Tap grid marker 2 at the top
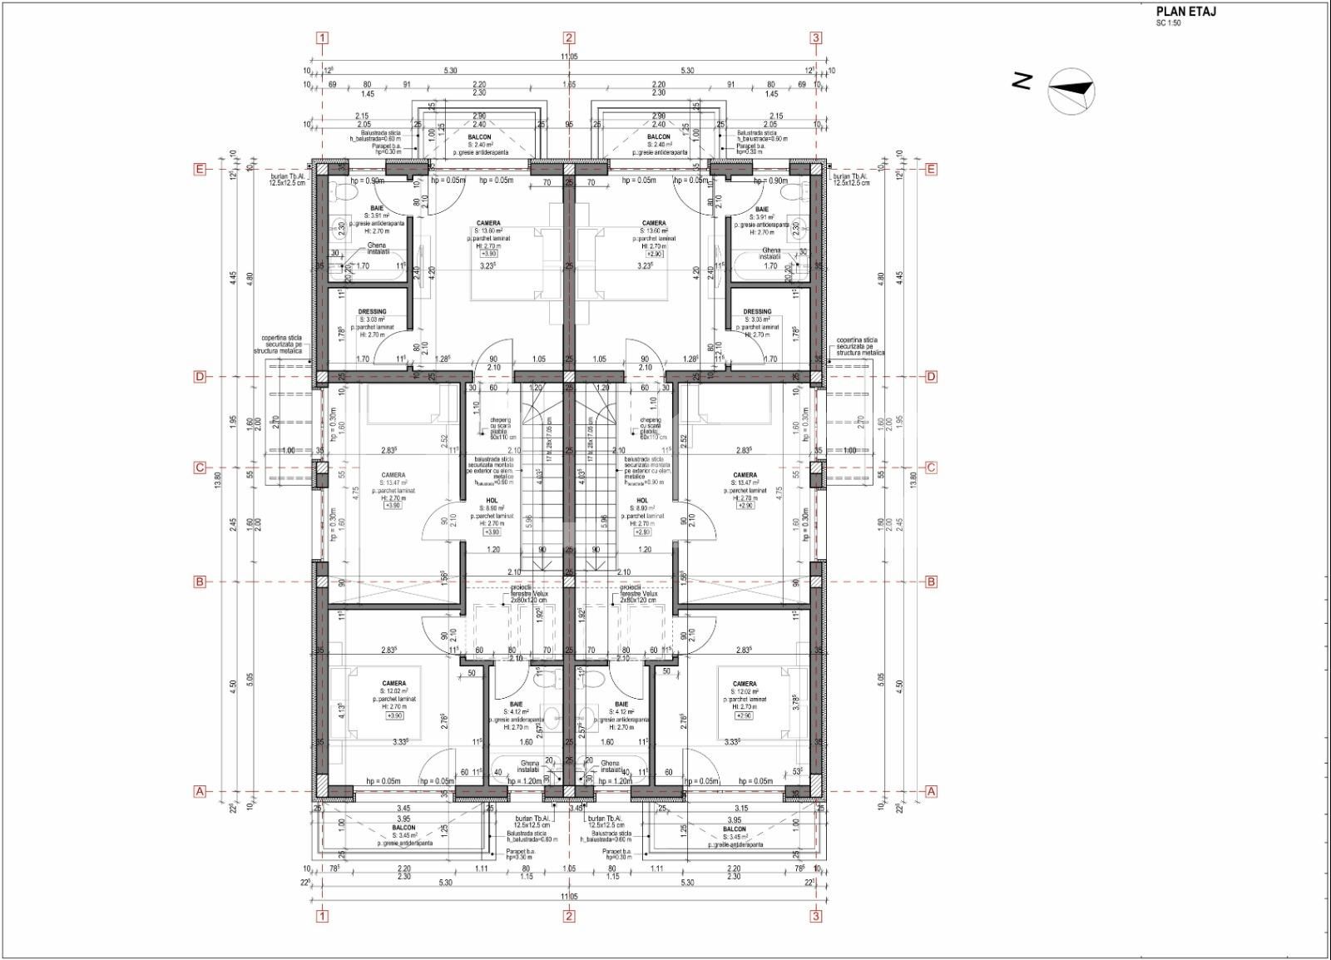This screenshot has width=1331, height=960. pyautogui.click(x=569, y=37)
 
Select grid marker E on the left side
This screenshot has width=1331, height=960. pyautogui.click(x=200, y=169)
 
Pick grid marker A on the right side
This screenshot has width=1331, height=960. pyautogui.click(x=931, y=791)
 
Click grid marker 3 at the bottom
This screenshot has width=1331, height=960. pyautogui.click(x=816, y=916)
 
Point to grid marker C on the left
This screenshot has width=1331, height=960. pyautogui.click(x=200, y=468)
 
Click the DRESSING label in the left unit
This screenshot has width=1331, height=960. pyautogui.click(x=372, y=312)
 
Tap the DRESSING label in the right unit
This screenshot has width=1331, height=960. pyautogui.click(x=757, y=312)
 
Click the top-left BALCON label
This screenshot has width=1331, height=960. pyautogui.click(x=479, y=137)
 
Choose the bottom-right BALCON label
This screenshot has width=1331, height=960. pyautogui.click(x=734, y=829)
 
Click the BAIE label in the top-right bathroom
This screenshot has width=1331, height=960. pyautogui.click(x=762, y=210)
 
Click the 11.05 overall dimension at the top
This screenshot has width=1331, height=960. pyautogui.click(x=569, y=57)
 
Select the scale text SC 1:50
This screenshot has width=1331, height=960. pyautogui.click(x=1167, y=23)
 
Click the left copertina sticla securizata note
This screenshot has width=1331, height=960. pyautogui.click(x=282, y=346)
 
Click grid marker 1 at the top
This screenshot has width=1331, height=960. pyautogui.click(x=323, y=37)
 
